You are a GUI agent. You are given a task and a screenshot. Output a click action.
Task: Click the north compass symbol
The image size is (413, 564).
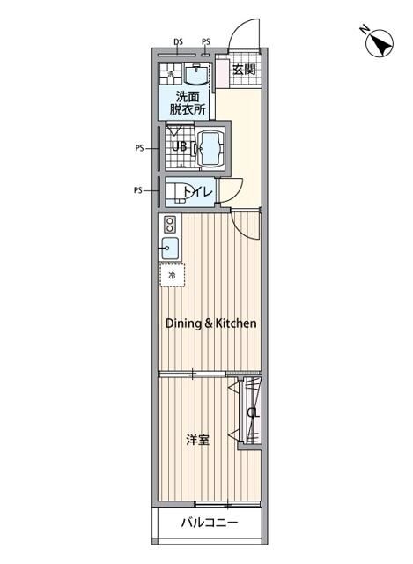[379, 43]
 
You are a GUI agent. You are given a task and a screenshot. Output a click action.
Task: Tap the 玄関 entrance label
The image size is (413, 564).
[245, 70]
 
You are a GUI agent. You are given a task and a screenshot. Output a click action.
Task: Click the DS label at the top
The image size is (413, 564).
[178, 42]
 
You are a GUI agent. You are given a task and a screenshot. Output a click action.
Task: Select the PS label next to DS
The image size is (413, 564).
[206, 42]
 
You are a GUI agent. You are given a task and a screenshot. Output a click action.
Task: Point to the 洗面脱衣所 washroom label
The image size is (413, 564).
[188, 103]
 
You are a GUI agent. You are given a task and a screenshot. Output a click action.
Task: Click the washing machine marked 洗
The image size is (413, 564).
[170, 74]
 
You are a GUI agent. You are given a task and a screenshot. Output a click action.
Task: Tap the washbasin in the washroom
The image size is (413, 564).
[196, 74]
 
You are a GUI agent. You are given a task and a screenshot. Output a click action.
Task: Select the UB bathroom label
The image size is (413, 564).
[180, 147]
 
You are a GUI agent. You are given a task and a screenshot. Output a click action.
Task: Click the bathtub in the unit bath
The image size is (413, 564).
[210, 148]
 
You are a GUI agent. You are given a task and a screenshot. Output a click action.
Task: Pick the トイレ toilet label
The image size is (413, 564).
[198, 192]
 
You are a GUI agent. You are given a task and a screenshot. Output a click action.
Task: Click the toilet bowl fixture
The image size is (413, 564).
[175, 192]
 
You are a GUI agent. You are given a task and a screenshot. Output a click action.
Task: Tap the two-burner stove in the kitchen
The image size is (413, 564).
[170, 224]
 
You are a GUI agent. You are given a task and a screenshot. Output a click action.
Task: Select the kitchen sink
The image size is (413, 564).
[170, 249]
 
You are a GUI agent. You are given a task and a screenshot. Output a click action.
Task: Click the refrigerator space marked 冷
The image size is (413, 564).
[173, 275]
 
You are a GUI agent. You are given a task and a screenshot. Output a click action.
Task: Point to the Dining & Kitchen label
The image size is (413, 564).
[211, 323]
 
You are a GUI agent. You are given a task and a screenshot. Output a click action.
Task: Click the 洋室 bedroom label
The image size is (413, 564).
[197, 440]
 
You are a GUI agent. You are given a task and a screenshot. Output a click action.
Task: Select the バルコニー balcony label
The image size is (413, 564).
[210, 523]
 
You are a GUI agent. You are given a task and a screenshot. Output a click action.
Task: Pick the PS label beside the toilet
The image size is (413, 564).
[138, 190]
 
